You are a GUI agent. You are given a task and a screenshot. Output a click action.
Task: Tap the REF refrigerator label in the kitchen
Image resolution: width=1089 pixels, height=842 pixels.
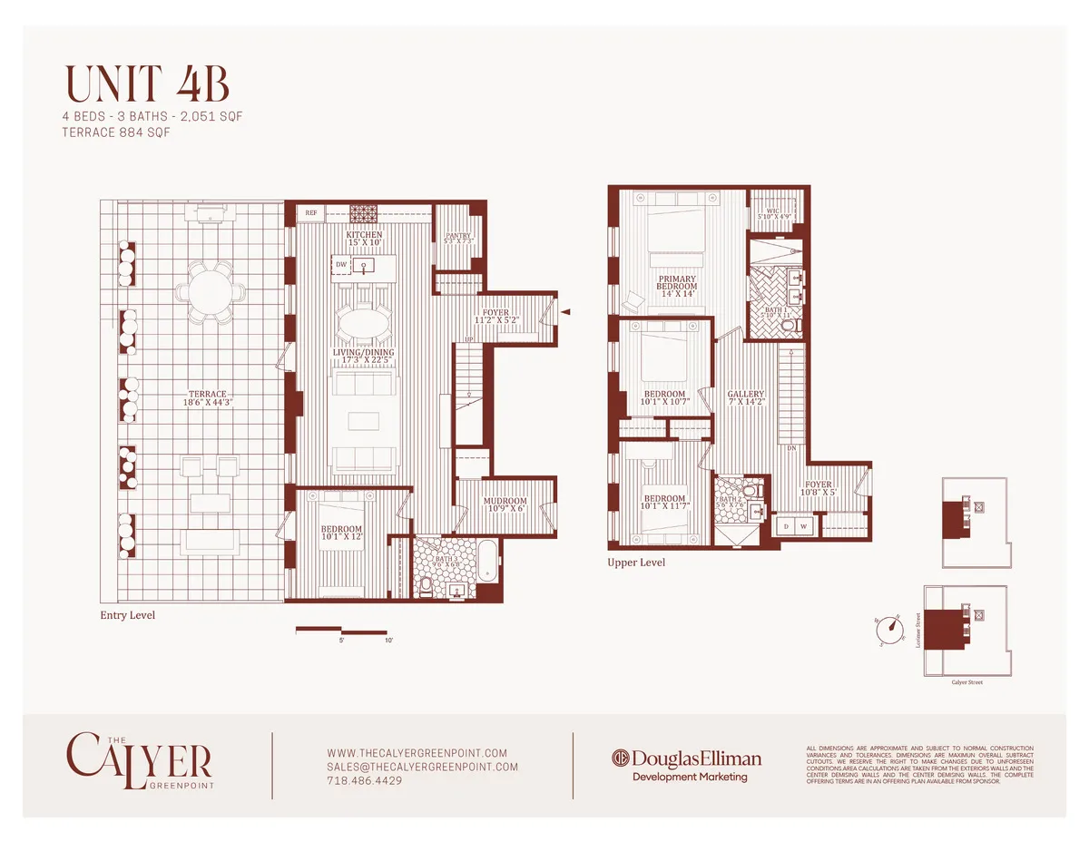pos(311,213)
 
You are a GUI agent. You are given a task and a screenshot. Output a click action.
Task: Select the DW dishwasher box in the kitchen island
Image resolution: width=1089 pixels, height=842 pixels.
pos(340,265)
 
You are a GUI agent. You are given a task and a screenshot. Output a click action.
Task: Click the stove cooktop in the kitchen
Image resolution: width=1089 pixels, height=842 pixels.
pos(365,214)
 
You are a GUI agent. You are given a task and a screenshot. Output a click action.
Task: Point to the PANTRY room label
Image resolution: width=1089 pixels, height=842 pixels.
pos(457,238)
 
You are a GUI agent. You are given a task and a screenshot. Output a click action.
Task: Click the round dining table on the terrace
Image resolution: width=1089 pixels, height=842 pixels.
pos(216,294)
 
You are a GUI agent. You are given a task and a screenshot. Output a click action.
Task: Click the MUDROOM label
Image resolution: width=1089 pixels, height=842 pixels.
pos(504,504)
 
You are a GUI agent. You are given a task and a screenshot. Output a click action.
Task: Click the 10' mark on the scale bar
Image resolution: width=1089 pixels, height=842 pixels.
pos(388,641)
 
